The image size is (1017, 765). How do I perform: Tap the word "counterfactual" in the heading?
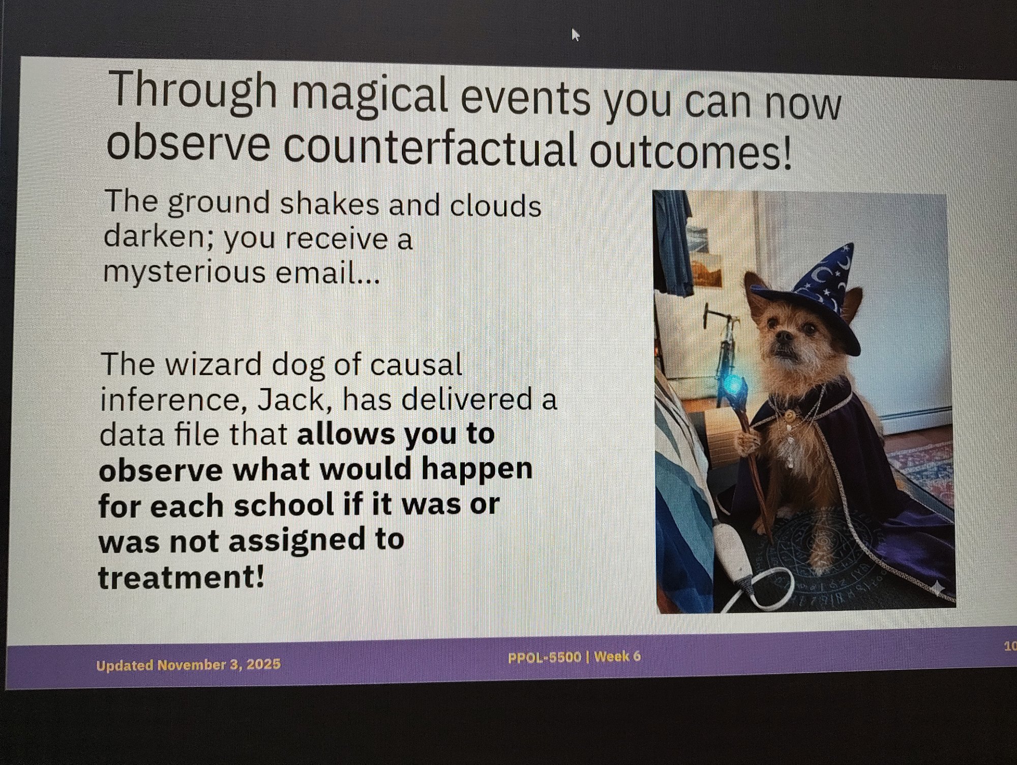coord(430,147)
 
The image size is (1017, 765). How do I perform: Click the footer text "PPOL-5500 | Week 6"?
coord(574,657)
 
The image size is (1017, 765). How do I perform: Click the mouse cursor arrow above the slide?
coord(575,35)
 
